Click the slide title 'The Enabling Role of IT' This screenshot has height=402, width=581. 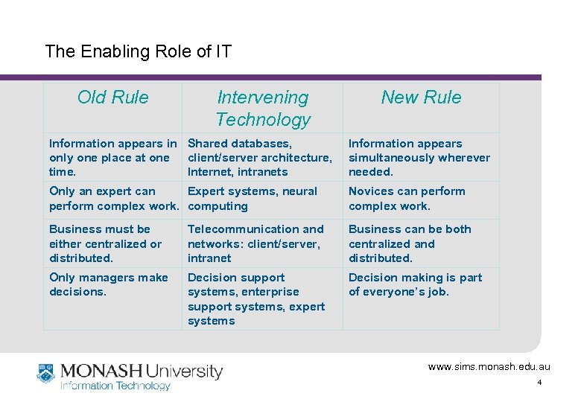tap(139, 51)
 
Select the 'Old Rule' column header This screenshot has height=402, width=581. tap(113, 98)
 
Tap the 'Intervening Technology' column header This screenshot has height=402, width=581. tap(262, 108)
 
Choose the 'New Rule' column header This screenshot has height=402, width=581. tap(421, 98)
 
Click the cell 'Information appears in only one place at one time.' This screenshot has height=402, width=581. tap(112, 157)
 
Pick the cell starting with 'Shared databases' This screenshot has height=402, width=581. tap(260, 157)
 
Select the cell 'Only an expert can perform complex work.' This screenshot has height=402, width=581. tap(112, 199)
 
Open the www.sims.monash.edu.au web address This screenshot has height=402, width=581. tap(489, 367)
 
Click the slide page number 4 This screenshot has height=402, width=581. tap(539, 383)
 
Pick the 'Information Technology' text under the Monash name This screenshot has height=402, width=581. tap(115, 386)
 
